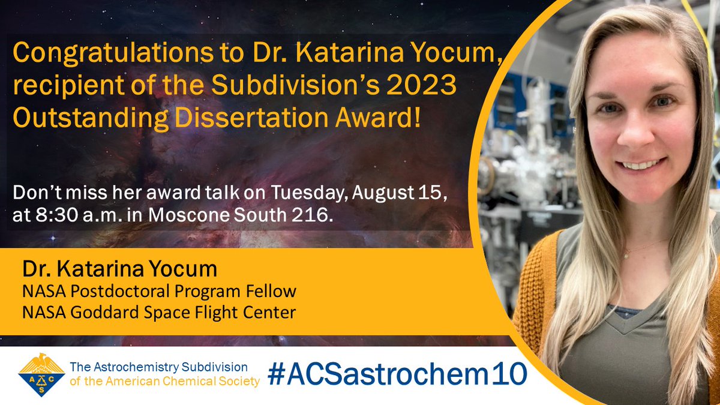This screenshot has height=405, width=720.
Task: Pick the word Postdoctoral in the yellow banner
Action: click(x=121, y=292)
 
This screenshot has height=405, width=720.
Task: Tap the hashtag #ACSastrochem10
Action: click(x=397, y=373)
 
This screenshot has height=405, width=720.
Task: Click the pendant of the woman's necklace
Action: click(x=625, y=254)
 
